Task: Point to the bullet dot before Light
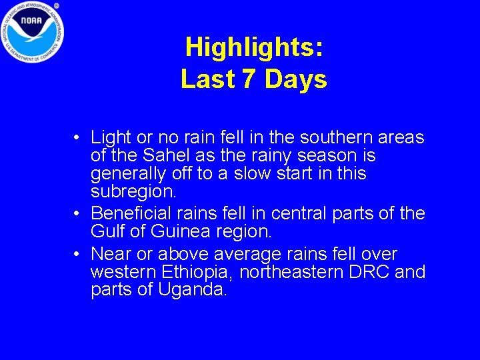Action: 78,138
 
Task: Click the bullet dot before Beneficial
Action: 78,214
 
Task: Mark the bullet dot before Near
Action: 78,255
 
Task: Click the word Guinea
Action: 186,233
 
